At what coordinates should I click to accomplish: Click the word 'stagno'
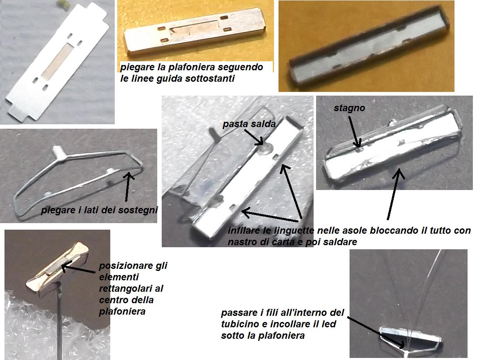349,108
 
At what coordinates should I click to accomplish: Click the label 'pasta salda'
249,124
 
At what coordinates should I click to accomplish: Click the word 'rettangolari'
131,288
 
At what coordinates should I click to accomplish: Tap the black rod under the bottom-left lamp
59,321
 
